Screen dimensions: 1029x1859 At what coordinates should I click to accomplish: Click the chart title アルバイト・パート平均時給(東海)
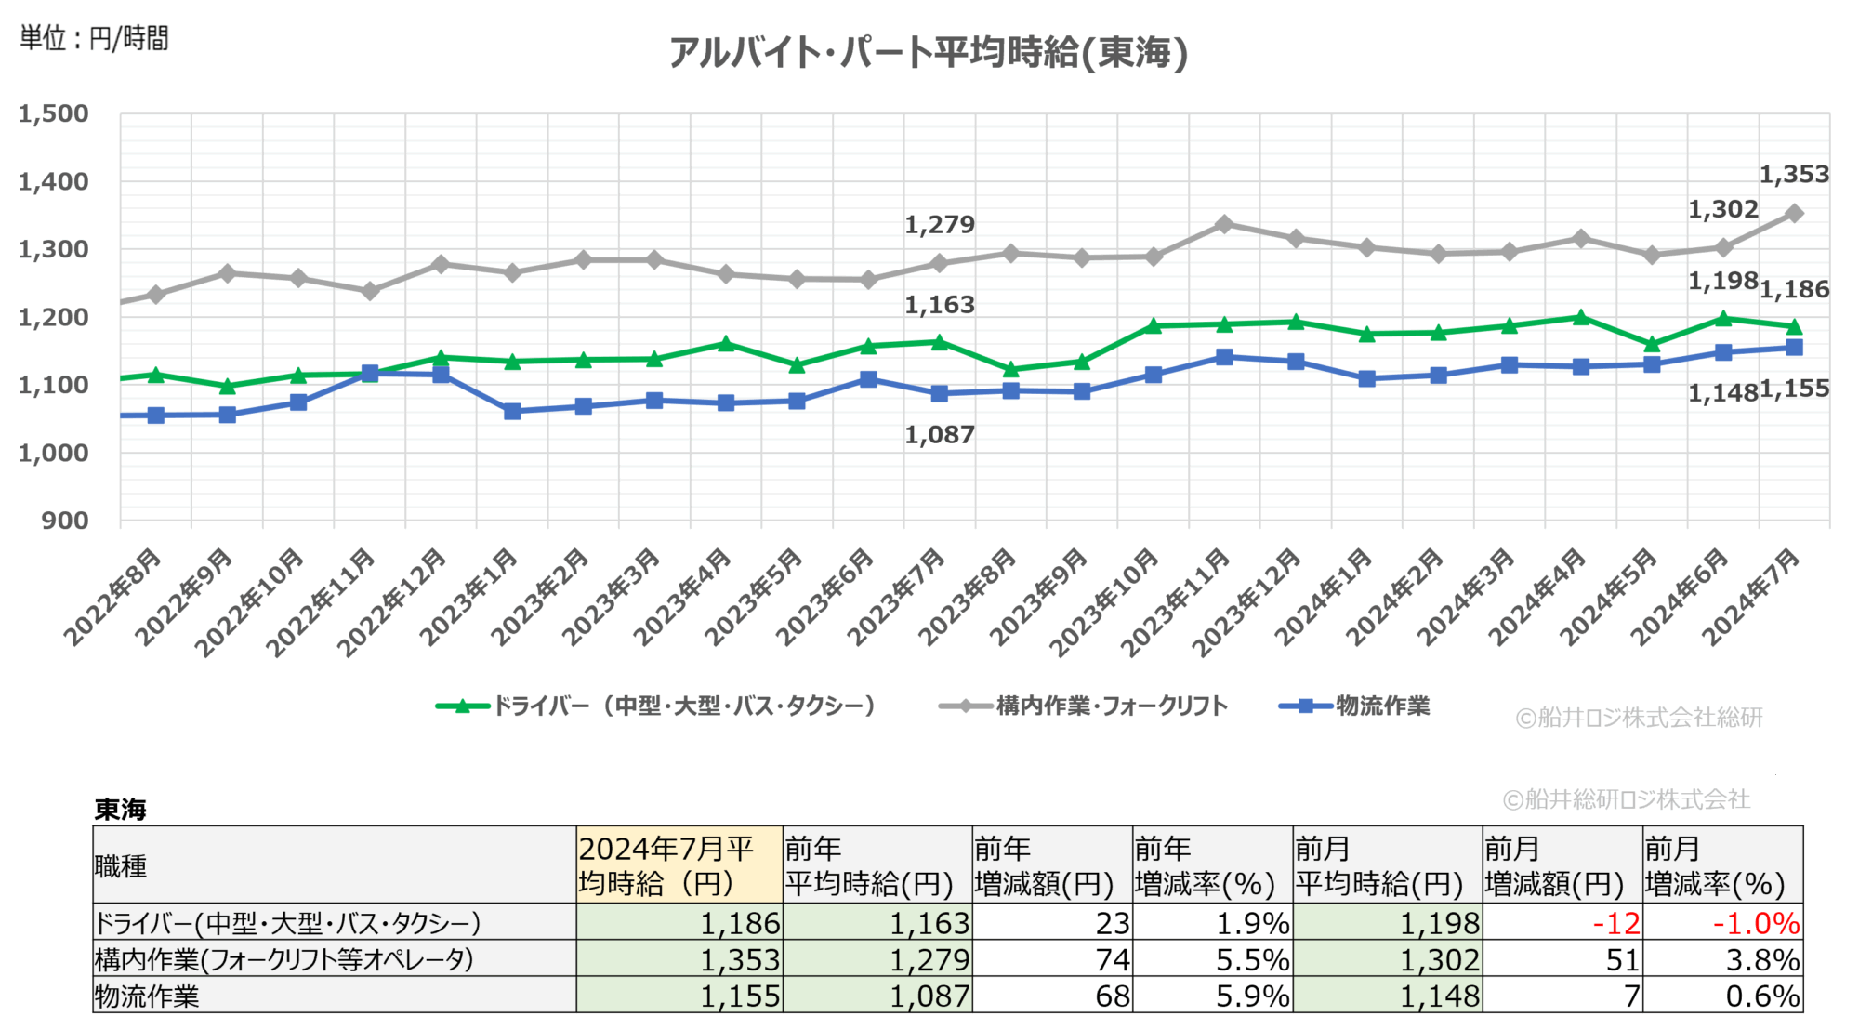click(x=929, y=52)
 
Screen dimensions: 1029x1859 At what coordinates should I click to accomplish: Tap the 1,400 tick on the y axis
click(x=54, y=181)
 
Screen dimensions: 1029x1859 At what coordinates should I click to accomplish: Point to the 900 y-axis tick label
click(x=65, y=521)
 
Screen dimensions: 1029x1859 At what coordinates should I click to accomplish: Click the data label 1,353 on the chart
click(x=1794, y=175)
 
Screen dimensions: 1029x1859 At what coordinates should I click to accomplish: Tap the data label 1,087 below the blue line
click(x=940, y=434)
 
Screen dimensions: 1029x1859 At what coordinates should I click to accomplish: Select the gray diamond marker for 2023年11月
click(x=1224, y=224)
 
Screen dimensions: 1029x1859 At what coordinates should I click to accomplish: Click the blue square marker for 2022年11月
click(x=370, y=374)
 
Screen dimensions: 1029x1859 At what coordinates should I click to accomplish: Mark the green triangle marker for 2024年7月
click(x=1794, y=326)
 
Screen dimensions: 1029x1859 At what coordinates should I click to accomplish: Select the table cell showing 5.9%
click(x=1252, y=996)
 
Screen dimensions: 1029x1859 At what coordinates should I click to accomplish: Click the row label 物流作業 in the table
click(x=148, y=996)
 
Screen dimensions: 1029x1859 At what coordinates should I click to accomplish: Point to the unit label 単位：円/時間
click(x=94, y=38)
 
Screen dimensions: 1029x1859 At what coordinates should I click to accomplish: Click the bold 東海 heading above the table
click(x=120, y=809)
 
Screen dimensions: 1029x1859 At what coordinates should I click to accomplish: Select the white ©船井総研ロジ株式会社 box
click(x=1628, y=798)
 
